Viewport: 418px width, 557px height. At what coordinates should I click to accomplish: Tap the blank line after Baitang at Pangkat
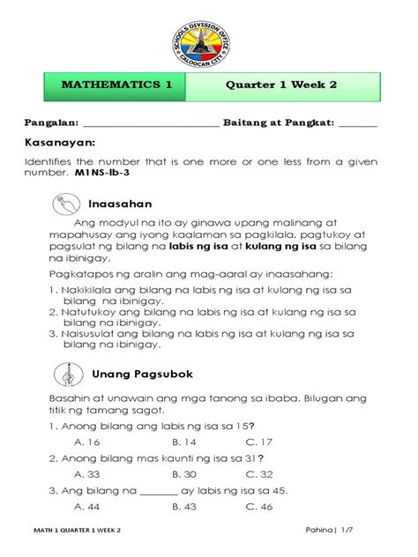pos(356,123)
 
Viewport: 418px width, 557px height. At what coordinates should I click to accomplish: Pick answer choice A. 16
pos(87,441)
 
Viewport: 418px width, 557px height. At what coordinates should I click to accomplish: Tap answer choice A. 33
pos(87,473)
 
